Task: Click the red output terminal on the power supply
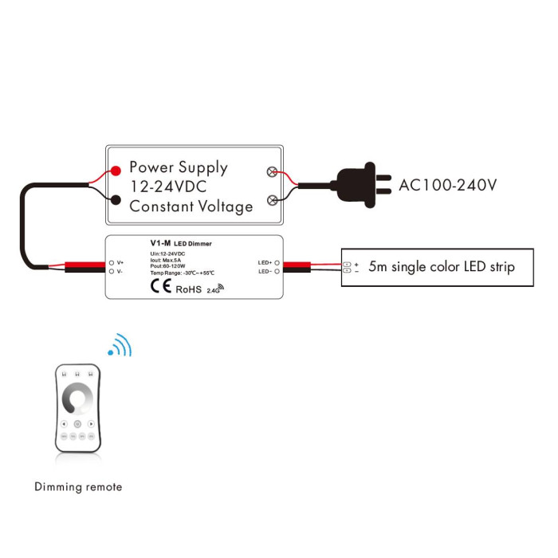116,171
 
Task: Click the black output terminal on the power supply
116,200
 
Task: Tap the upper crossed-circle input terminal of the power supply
272,172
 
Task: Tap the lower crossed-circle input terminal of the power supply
273,200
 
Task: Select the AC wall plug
361,185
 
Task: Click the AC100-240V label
447,185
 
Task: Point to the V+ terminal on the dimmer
112,262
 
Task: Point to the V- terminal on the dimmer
112,272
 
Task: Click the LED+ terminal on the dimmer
277,262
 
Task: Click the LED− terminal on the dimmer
277,272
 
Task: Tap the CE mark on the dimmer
161,285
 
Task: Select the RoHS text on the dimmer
189,289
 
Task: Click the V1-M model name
160,243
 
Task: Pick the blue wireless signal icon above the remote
120,345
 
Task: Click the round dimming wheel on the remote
77,399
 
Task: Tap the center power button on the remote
77,424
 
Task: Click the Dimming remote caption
78,487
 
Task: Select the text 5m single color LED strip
442,266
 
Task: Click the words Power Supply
179,167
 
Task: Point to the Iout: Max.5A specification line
166,260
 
